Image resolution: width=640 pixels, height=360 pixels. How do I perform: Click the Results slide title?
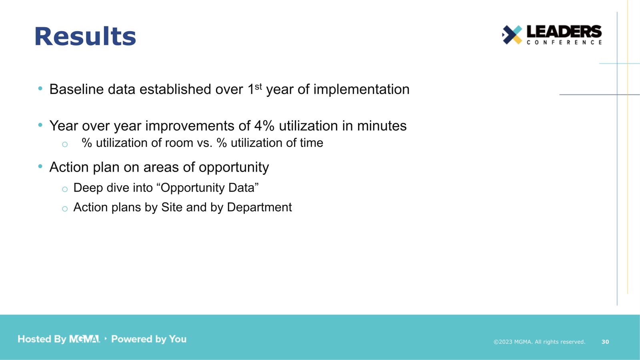point(85,36)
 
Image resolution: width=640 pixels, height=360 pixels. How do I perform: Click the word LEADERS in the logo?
point(564,32)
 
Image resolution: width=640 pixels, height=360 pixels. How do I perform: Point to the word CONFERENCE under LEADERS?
point(564,42)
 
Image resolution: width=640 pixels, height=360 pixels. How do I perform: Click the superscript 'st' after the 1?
point(258,86)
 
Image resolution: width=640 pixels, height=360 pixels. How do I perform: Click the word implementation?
point(361,89)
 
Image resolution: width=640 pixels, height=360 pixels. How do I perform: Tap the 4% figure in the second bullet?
point(264,126)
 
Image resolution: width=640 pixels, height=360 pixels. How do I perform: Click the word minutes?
point(382,126)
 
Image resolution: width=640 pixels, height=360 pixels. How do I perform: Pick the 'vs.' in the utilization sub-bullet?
point(204,143)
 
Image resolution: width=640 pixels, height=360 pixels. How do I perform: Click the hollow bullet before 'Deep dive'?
point(65,189)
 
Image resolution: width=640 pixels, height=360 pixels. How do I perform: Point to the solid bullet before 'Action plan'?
point(40,166)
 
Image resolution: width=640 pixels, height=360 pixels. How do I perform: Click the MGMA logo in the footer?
point(84,339)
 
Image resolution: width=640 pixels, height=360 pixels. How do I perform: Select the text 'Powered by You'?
point(149,339)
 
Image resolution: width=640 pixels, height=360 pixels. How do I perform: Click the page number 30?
point(605,342)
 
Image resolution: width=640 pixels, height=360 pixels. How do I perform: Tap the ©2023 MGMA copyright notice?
point(539,342)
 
